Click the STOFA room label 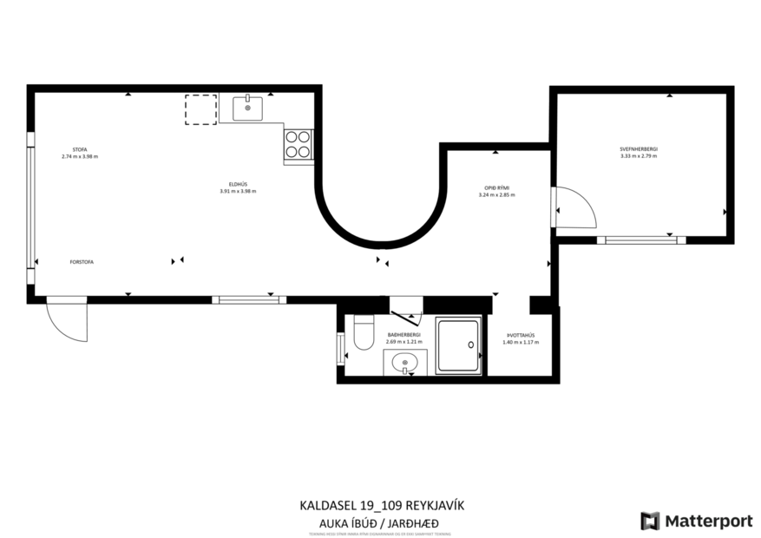pos(79,149)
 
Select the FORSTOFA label pos(82,260)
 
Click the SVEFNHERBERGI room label pos(638,149)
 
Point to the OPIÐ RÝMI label pos(496,187)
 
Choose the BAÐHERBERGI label pos(403,334)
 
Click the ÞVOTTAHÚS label pos(520,335)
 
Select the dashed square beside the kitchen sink pos(200,109)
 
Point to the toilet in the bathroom pos(364,331)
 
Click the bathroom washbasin pos(404,363)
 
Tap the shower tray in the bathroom pos(457,346)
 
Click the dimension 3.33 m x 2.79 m pos(638,157)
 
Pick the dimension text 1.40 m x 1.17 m pos(520,343)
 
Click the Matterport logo pos(696,521)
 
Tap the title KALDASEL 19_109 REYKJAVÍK pos(375,505)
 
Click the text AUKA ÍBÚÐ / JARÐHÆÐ pos(375,522)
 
